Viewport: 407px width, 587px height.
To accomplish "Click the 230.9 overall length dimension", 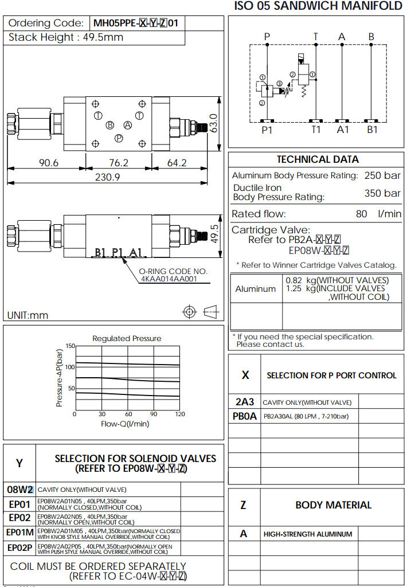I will coord(107,177).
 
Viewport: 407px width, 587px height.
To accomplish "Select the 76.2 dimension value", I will coord(119,163).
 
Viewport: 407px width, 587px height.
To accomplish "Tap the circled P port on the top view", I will coord(119,138).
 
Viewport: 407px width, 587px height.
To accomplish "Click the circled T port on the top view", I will coord(98,116).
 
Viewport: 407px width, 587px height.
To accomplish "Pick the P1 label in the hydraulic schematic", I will coord(267,130).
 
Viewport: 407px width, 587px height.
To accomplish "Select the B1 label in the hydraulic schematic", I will coord(373,130).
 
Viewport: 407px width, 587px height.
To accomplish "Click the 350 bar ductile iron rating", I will coord(382,193).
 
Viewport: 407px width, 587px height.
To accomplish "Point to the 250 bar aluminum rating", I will coord(382,175).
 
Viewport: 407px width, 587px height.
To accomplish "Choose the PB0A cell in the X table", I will coord(245,417).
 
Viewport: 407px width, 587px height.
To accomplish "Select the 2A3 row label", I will coord(245,402).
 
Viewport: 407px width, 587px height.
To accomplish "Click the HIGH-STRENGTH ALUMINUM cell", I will coord(308,534).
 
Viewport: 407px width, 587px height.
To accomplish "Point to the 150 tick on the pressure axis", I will coord(70,346).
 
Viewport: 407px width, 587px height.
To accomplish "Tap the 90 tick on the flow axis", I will coord(154,414).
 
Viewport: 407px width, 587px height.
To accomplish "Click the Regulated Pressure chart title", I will coord(127,338).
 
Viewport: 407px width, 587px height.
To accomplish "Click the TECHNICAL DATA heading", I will coord(318,159).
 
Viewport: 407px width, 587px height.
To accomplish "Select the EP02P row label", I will coord(19,548).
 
